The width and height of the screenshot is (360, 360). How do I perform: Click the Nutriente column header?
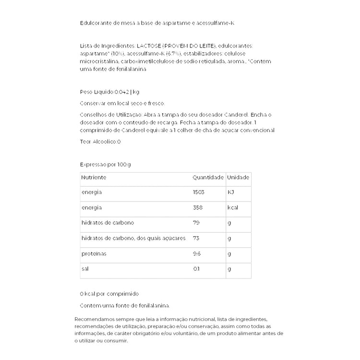[94, 178]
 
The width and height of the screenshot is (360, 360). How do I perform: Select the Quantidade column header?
[208, 178]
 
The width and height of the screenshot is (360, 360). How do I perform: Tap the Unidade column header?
[238, 178]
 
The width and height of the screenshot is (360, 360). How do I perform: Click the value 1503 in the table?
[199, 192]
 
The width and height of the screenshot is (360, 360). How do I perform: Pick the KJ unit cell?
[230, 192]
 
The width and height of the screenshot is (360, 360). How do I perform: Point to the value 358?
[197, 208]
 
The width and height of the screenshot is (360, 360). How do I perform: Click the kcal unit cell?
[233, 208]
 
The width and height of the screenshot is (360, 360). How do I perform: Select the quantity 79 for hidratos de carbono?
[196, 223]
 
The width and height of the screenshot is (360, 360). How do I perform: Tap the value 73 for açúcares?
[196, 239]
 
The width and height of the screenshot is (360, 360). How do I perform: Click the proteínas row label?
[94, 254]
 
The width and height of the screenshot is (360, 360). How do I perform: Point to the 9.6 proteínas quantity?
[196, 254]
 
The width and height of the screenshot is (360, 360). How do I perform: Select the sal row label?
[84, 269]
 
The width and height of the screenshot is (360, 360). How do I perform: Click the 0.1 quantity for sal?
[196, 269]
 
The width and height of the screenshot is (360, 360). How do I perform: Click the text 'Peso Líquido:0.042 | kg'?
[109, 92]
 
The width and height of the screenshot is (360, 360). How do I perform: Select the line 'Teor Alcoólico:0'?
[100, 142]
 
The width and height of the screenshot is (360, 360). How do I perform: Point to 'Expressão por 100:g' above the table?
[105, 164]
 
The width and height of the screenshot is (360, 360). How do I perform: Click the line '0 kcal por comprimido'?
[109, 294]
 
